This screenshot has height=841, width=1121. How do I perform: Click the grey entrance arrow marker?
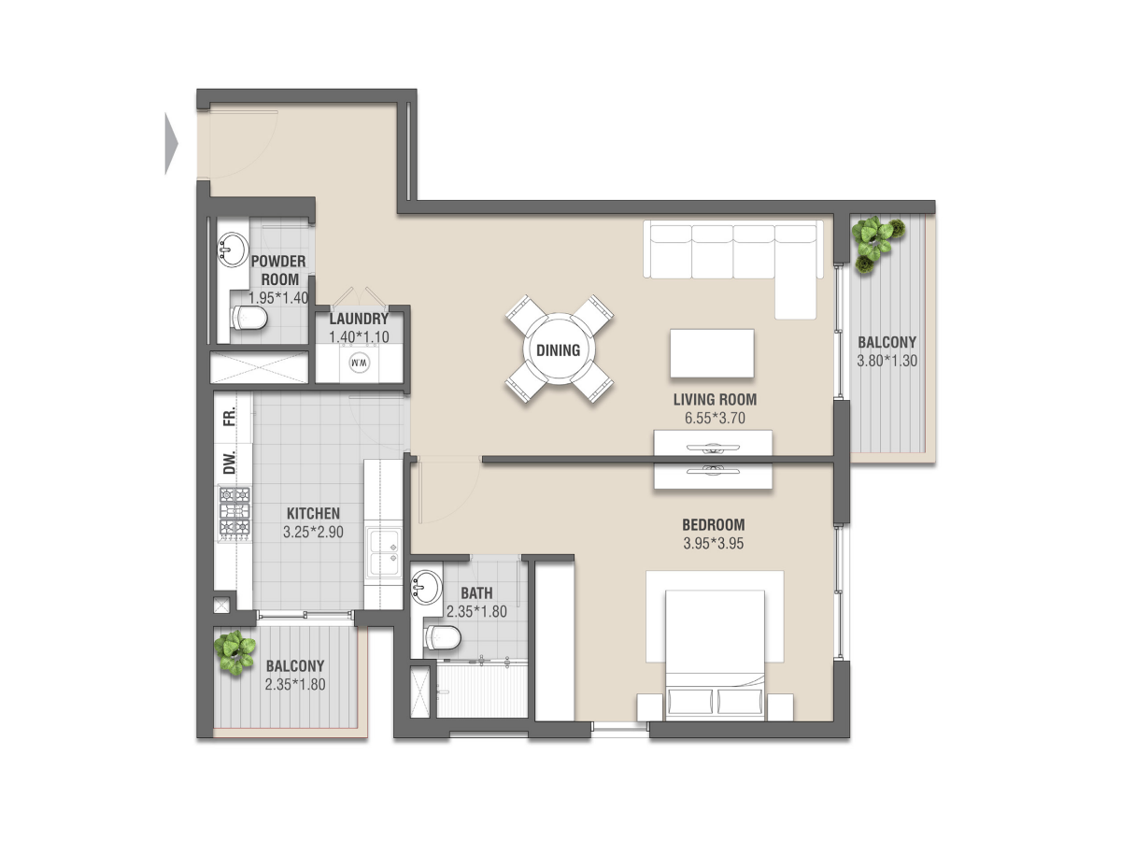coord(171,144)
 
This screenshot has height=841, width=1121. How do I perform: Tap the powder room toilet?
coord(248,318)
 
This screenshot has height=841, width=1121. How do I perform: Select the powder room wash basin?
coord(233,249)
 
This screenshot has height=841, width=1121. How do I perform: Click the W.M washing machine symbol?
coord(359,363)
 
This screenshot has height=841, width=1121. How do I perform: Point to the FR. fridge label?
coord(229,416)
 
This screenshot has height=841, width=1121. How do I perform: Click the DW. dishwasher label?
coord(229,463)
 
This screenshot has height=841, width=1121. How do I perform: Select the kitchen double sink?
coord(384,553)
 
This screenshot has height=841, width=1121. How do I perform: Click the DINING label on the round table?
coord(559,350)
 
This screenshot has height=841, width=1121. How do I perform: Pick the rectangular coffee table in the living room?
coord(712,353)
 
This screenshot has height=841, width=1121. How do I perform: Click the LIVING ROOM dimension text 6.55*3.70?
coord(715,419)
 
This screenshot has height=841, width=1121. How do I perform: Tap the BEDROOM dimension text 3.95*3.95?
coord(714,543)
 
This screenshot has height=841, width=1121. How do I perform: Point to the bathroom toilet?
coord(443,638)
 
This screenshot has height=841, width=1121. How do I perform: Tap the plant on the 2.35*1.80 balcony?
coord(234,652)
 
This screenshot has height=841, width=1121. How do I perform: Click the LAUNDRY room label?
coord(359,319)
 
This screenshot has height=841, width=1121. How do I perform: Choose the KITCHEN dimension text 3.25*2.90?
coord(313,532)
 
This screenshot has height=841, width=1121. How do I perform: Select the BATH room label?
coord(476,592)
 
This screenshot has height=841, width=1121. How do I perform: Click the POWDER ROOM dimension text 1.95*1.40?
coord(278,298)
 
